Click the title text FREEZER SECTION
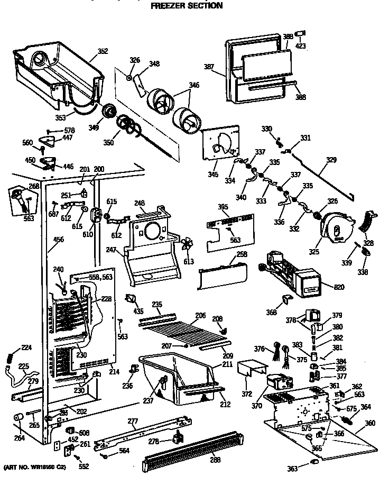183,6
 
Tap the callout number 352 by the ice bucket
103,51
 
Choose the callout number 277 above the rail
133,421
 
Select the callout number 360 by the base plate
370,423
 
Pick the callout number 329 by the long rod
331,159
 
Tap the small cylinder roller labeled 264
17,418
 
